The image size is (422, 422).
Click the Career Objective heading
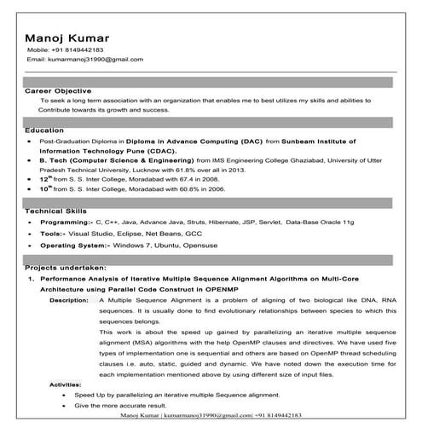click(x=57, y=89)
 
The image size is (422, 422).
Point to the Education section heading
click(x=44, y=130)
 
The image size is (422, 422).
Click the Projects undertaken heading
click(x=66, y=268)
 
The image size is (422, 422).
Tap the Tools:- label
click(x=53, y=233)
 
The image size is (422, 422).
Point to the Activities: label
click(x=66, y=385)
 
